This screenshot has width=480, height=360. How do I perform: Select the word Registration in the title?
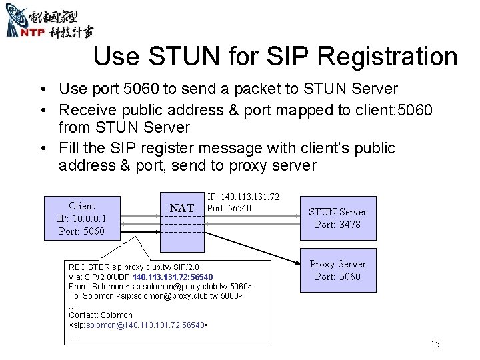388,57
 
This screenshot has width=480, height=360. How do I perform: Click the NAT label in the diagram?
181,209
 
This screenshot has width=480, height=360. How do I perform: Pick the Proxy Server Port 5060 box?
337,270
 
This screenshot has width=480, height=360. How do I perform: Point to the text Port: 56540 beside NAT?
229,208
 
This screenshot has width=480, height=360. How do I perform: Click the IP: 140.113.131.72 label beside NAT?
243,197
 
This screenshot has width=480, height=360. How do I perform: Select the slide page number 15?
435,344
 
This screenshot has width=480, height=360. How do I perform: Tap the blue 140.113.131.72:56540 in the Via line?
173,276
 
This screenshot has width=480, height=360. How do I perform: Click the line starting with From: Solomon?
160,285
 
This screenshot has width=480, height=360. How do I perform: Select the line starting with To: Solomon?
155,295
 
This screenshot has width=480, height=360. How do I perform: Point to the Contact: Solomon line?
101,315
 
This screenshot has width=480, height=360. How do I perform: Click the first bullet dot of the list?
41,89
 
